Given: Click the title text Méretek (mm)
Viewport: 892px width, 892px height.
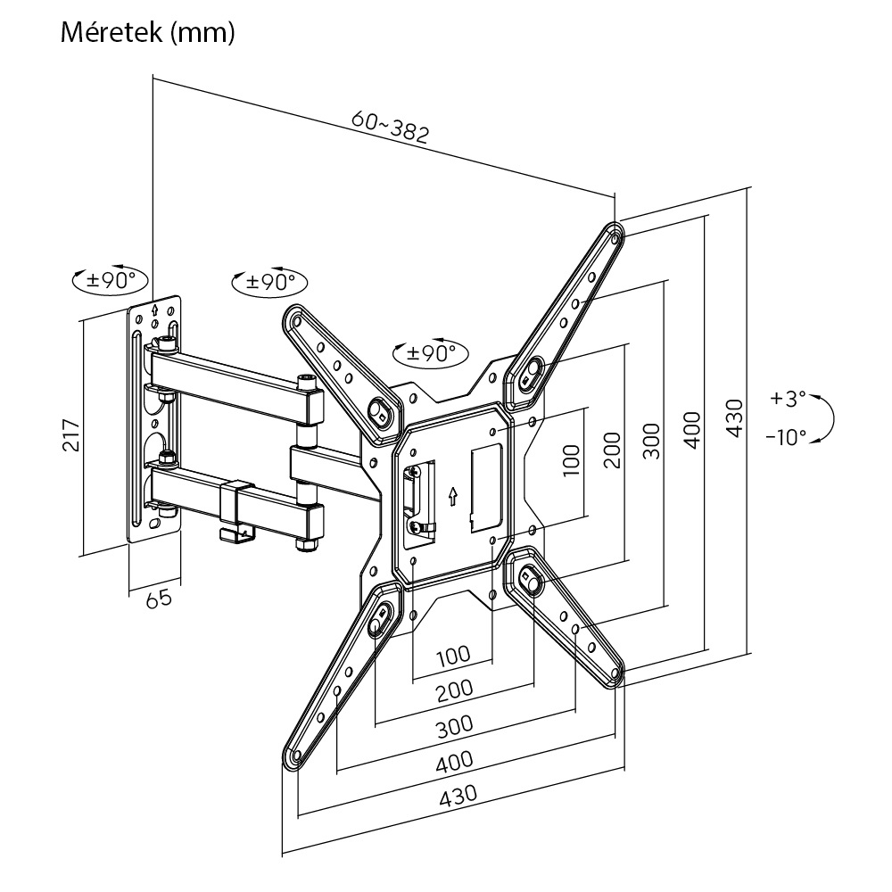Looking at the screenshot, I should point(147,33).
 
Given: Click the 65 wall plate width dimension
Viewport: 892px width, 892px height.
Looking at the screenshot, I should point(158,599).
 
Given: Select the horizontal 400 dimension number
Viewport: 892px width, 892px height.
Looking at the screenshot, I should point(454,760).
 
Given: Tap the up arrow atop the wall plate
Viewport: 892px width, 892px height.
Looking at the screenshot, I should point(156,311).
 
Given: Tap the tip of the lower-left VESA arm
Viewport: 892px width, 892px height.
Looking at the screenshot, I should point(294,757).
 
